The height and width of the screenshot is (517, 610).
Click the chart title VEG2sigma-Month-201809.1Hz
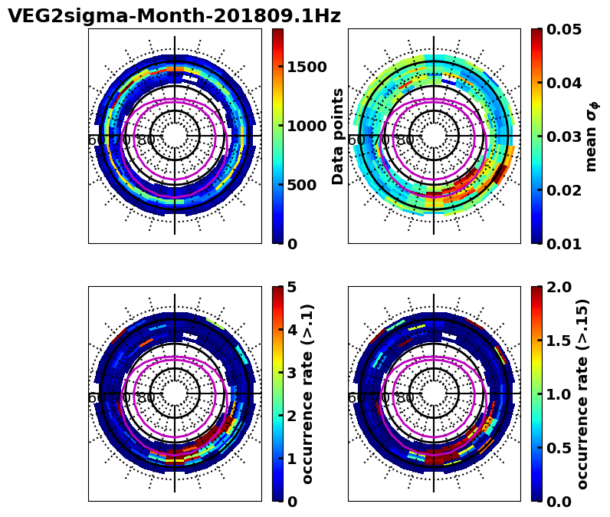(174, 16)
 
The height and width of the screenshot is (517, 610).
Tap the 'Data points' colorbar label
(338, 136)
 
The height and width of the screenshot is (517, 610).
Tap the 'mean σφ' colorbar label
(592, 136)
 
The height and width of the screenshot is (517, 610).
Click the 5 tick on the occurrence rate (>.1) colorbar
(292, 287)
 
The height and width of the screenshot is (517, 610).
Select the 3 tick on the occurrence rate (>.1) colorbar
(292, 373)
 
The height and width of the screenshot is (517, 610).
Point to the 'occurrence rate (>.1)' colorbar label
(308, 394)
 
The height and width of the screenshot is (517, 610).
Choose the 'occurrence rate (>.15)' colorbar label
(583, 394)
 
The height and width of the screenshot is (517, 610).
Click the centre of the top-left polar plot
(175, 136)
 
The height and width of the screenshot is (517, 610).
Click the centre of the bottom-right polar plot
(434, 394)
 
